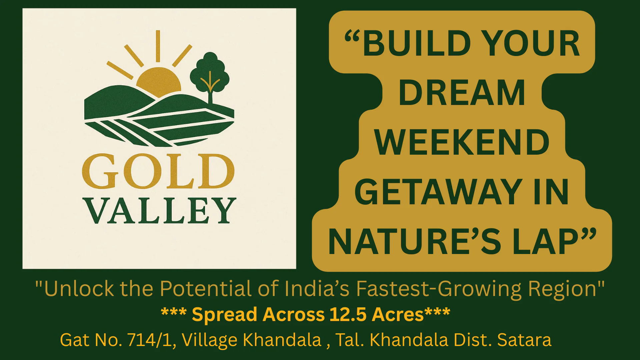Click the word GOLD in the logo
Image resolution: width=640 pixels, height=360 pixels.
pyautogui.click(x=158, y=172)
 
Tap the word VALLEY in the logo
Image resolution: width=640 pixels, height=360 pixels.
pyautogui.click(x=161, y=211)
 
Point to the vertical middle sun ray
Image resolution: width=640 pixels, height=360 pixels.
pyautogui.click(x=158, y=46)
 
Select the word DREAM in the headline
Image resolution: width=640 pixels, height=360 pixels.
pyautogui.click(x=462, y=93)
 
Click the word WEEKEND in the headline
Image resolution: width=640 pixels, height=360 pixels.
pyautogui.click(x=462, y=143)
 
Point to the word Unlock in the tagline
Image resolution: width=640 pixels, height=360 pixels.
pyautogui.click(x=79, y=289)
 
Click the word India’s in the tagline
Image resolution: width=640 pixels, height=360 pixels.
pyautogui.click(x=321, y=289)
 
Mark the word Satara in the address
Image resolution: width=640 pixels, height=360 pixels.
pyautogui.click(x=524, y=340)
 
